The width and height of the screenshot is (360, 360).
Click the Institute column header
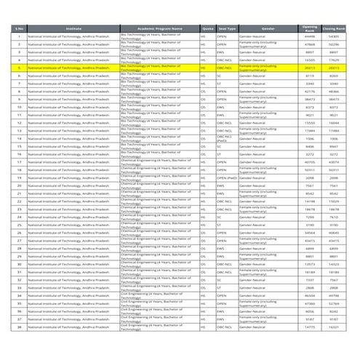tap(73, 28)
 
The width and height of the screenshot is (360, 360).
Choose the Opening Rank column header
tap(310, 28)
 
